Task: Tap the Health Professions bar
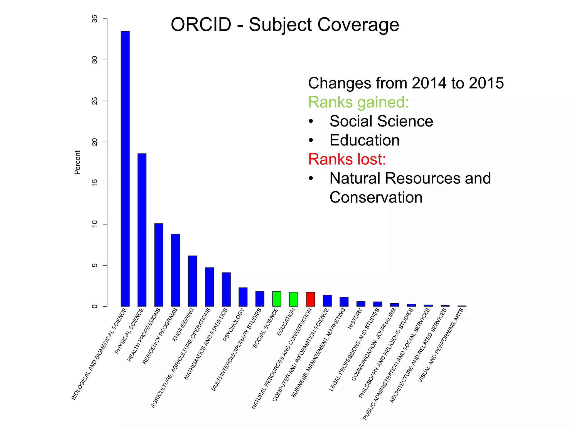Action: [159, 265]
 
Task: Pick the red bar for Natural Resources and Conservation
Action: [310, 299]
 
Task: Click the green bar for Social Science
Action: [277, 299]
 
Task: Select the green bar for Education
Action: [293, 299]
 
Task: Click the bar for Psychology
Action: [243, 297]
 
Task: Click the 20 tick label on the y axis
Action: [95, 142]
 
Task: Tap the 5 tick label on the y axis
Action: [95, 265]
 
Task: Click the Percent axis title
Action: [77, 162]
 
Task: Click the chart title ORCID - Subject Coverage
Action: [285, 25]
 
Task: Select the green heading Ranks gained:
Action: [358, 102]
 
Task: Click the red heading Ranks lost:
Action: [347, 159]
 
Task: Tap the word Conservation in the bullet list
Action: [376, 197]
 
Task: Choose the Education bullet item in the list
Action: [364, 140]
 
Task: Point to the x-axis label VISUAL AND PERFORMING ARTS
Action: [441, 345]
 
